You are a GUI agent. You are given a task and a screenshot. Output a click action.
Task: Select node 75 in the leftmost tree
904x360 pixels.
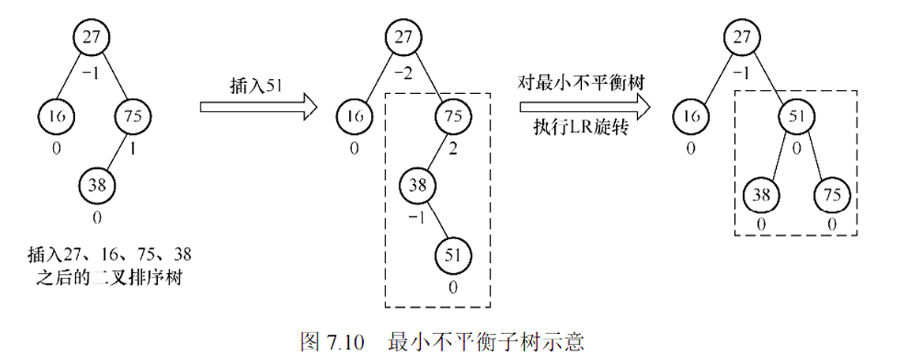(133, 116)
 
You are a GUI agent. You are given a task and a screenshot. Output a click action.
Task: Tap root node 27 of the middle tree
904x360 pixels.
(404, 36)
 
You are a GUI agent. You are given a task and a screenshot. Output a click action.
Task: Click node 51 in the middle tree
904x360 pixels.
(452, 254)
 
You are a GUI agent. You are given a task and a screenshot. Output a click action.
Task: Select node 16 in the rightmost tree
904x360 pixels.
(691, 116)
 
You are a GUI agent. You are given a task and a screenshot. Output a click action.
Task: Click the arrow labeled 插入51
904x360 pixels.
(257, 107)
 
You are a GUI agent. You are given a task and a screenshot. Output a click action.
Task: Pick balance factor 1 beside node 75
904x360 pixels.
(133, 147)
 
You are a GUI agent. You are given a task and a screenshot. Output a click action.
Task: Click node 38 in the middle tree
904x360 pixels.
(416, 186)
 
